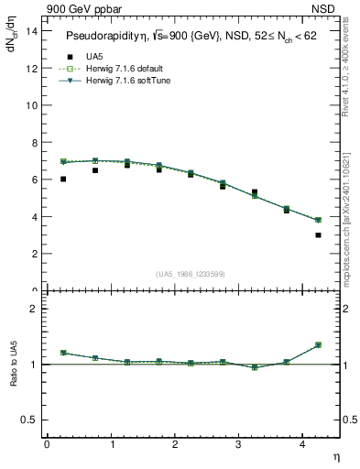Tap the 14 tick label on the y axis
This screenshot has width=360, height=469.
[31, 30]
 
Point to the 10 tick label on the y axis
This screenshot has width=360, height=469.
[31, 104]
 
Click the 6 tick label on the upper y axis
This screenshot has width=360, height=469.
[34, 180]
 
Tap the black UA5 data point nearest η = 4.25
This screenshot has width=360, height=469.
[318, 235]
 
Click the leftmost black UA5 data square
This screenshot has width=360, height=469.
[63, 180]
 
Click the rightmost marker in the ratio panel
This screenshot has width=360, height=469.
[318, 345]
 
